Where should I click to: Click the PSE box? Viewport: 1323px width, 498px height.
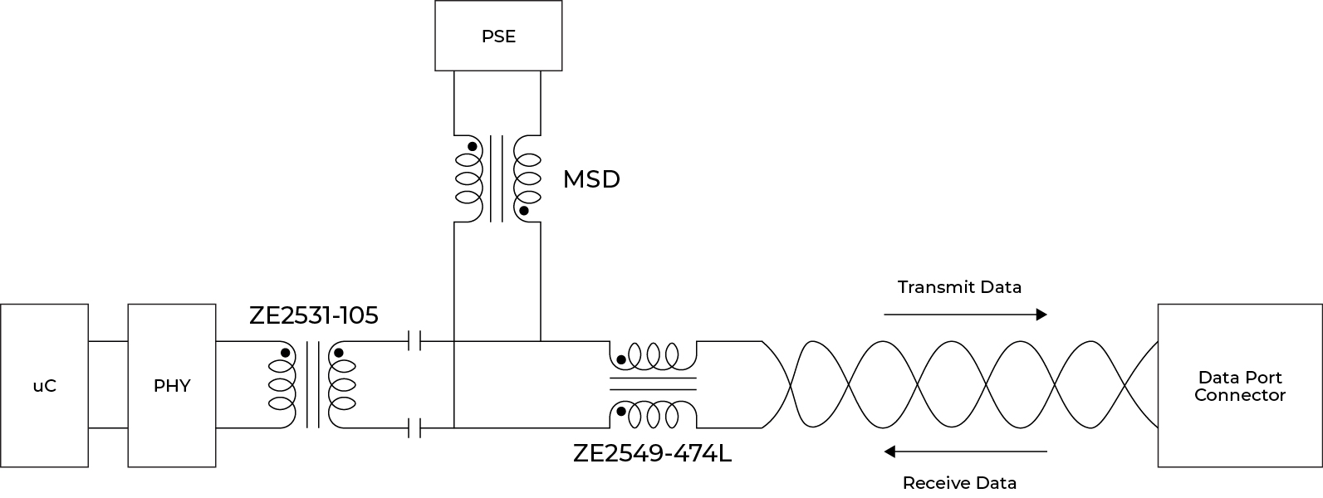498,36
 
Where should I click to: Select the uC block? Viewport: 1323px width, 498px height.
44,386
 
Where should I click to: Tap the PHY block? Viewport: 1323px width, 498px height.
171,386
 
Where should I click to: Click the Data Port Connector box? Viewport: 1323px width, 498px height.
1239,387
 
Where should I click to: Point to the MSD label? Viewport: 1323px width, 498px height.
591,179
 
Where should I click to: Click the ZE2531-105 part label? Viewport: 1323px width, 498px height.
313,316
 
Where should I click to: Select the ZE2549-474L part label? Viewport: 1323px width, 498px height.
652,454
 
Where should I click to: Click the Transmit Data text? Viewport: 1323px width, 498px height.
959,287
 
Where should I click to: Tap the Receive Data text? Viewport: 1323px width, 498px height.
959,483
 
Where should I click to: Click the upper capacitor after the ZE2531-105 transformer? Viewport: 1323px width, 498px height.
417,340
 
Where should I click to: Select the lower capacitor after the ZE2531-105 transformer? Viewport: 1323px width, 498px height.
417,428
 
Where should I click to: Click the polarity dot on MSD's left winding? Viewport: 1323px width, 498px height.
472,147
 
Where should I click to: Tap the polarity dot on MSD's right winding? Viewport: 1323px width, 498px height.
524,211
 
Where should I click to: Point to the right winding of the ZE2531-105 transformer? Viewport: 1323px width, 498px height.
342,385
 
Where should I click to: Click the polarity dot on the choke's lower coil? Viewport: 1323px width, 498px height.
620,411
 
